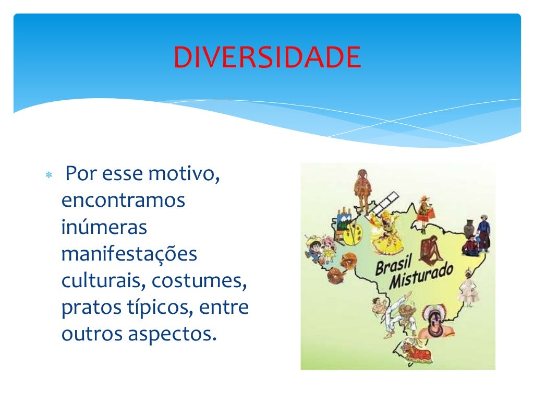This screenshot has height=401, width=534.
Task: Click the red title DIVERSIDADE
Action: (x=267, y=57)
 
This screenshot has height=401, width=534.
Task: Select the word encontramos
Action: (x=123, y=200)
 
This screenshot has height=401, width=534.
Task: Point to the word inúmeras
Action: (x=104, y=228)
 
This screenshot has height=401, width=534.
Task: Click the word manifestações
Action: (x=129, y=255)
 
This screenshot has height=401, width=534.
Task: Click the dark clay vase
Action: (x=469, y=230)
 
